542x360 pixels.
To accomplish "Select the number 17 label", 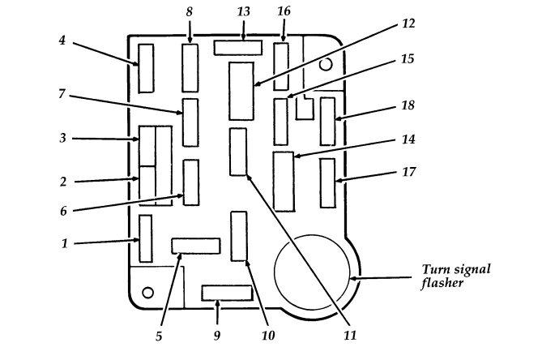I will [409, 172].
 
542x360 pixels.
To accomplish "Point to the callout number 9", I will [216, 333].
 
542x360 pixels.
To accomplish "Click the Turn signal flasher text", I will [456, 276].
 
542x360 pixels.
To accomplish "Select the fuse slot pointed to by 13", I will [238, 48].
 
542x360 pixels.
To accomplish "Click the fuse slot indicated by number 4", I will [146, 68].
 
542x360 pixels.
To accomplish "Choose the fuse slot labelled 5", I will [195, 246].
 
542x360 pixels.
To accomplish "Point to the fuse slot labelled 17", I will [327, 183].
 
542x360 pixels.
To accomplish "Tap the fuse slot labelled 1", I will [146, 238].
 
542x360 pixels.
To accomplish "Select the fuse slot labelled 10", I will [238, 236].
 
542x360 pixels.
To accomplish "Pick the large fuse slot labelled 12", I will [241, 90].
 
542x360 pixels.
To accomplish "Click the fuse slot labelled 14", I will [284, 181].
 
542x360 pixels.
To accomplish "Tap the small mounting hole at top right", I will [325, 63].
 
